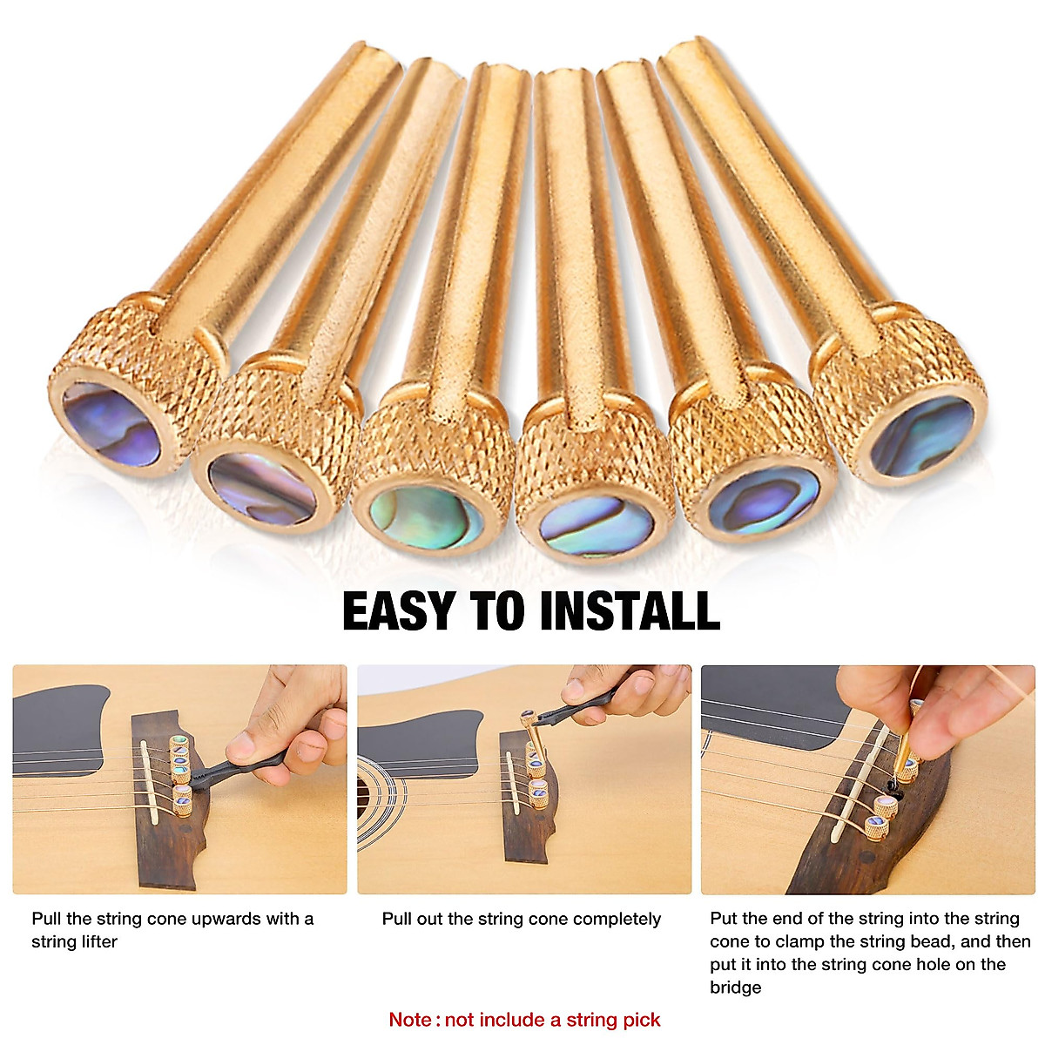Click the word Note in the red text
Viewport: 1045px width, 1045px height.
click(x=409, y=1020)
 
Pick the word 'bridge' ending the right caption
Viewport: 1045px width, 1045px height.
click(x=736, y=987)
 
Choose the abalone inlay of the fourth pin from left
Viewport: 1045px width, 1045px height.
click(x=597, y=525)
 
